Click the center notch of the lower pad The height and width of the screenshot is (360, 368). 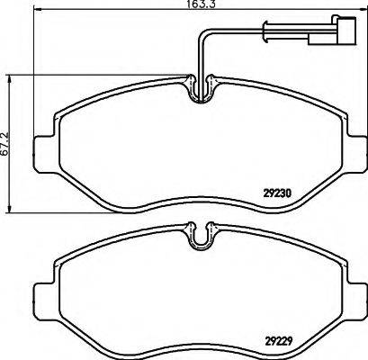(200, 238)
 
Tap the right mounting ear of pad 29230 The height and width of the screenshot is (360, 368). (357, 147)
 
